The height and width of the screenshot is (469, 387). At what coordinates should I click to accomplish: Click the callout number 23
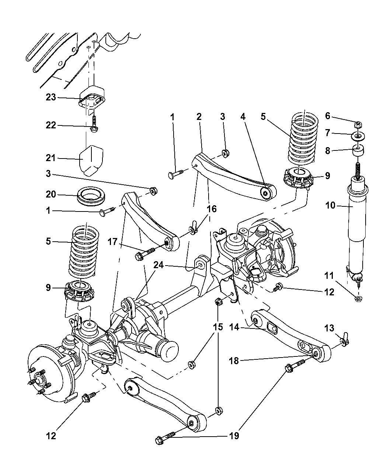(x=51, y=97)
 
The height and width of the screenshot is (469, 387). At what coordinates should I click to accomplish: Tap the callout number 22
(x=51, y=125)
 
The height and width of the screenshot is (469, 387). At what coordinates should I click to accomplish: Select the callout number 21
(x=51, y=158)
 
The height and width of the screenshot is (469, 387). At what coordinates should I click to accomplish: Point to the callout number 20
(x=51, y=194)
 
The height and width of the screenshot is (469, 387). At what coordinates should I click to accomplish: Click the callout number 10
(x=330, y=205)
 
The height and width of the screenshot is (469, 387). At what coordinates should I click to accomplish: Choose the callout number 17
(x=113, y=242)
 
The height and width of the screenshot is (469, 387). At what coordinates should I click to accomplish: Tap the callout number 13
(x=329, y=327)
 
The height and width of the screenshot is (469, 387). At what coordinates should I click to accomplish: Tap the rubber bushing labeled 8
(x=358, y=152)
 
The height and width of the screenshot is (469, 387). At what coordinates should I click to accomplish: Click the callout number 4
(x=243, y=117)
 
